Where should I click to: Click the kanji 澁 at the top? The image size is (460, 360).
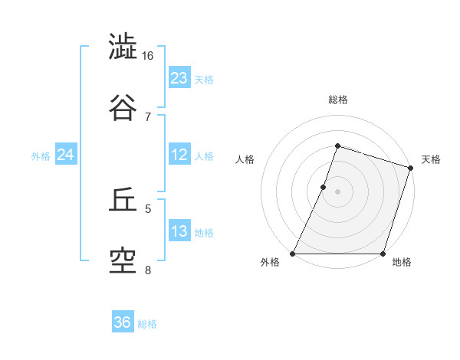pos(123,47)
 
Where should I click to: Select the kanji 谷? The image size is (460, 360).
pos(123,106)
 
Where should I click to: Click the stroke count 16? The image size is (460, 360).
pos(148,56)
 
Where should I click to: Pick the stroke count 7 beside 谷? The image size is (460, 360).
pos(148,116)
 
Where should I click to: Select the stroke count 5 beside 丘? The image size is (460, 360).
pos(148,208)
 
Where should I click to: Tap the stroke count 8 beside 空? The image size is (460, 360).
pos(148,270)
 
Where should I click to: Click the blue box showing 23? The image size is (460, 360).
pos(179,77)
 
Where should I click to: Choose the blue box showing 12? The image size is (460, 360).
pos(179,154)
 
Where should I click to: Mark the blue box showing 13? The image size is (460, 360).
pos(179,231)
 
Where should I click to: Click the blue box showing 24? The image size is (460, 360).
pos(66,154)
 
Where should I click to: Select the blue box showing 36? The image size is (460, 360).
pos(123,322)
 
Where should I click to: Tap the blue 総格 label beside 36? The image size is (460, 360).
pos(147,324)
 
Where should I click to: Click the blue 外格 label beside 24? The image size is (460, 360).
pos(41,156)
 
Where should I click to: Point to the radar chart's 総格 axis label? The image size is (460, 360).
pos(338,100)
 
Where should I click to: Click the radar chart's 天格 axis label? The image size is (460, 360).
pos(431,159)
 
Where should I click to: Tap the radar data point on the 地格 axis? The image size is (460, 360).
pos(383,254)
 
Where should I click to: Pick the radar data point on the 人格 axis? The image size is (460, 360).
pos(324,187)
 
